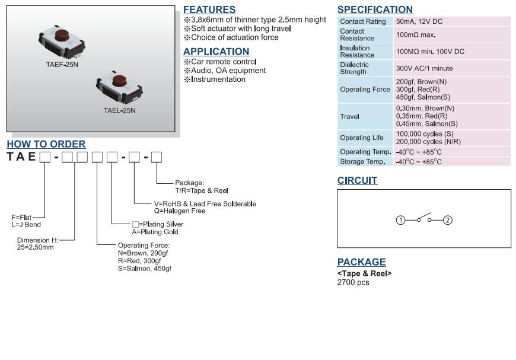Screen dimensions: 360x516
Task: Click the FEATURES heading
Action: pos(209,9)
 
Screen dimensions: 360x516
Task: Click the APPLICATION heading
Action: pos(216,52)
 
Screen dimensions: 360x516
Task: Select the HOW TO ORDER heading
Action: pos(46,144)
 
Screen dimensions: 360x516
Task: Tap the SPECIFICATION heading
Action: pos(375,9)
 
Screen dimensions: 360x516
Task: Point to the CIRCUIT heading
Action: pos(357,180)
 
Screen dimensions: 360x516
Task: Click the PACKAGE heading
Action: pos(361,262)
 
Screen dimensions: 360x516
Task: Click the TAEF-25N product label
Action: pos(62,64)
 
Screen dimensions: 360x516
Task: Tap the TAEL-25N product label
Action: pos(119,110)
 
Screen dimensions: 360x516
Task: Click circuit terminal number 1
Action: pos(400,221)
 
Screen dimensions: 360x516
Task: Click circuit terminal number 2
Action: pos(448,221)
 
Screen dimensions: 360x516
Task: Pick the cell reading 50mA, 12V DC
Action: pos(419,21)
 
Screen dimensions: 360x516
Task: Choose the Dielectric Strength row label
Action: pos(354,68)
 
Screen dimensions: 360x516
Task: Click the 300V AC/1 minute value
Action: pos(424,68)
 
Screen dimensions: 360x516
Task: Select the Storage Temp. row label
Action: pos(362,162)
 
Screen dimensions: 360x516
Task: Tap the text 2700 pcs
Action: pos(353,282)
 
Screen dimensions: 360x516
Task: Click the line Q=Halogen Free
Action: pos(180,211)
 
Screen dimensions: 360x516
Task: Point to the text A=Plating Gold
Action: pos(155,232)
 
